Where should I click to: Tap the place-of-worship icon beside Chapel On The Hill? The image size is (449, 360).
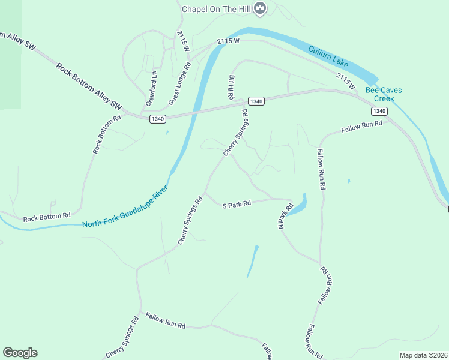point(260,8)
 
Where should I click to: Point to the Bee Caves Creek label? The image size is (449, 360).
point(384,94)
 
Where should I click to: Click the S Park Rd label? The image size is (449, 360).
point(236,204)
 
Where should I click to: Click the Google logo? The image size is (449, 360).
point(20,353)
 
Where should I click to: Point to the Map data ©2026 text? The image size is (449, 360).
point(423,355)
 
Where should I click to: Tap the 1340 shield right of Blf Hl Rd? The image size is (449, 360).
point(256,101)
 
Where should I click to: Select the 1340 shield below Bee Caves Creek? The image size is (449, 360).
point(379,111)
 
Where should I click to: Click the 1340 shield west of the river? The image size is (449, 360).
point(158,119)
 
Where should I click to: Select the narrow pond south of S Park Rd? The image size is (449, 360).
point(253,262)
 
